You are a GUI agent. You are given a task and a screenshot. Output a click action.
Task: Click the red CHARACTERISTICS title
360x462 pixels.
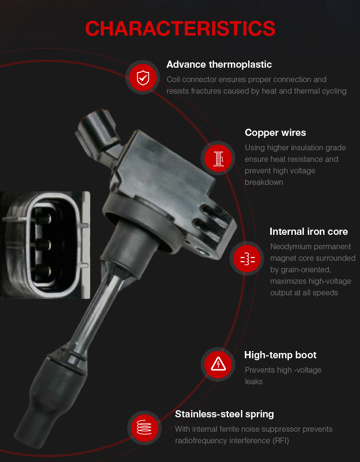(180, 29)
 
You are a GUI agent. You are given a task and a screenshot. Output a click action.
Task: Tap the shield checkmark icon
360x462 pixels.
(143, 77)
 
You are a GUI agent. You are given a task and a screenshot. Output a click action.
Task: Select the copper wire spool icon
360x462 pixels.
(218, 158)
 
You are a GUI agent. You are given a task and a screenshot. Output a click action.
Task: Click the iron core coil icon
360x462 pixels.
(248, 259)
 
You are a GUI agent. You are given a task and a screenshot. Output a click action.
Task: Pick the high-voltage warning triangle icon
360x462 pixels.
(218, 364)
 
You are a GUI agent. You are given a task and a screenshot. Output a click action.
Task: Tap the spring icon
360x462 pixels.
(144, 427)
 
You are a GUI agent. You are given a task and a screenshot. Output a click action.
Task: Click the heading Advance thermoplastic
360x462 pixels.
(219, 64)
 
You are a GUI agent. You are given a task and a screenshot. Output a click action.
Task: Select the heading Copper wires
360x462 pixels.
(275, 133)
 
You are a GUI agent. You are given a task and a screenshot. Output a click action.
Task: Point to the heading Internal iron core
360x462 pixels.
(309, 231)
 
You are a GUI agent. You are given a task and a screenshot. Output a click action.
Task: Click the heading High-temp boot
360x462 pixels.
(280, 355)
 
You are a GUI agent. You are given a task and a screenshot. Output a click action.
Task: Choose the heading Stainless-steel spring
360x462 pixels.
(224, 414)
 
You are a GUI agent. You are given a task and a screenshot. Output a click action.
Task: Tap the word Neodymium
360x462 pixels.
(289, 247)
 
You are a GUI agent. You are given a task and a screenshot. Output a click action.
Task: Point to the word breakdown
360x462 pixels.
(264, 182)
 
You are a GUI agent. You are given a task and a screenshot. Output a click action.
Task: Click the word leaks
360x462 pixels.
(253, 382)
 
